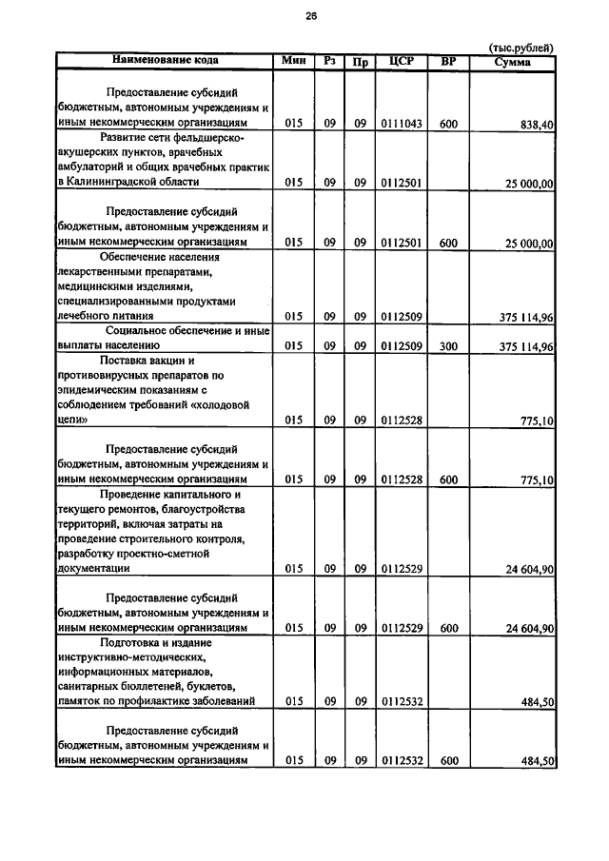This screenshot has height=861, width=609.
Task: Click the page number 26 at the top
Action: coord(310,16)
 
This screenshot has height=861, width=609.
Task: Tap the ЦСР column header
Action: coord(400,62)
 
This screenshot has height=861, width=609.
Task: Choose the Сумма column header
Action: coord(513,62)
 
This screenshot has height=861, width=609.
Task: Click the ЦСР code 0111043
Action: coord(400,124)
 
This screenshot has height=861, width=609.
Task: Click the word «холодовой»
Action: coord(226,404)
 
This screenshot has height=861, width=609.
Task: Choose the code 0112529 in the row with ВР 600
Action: coord(400,628)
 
